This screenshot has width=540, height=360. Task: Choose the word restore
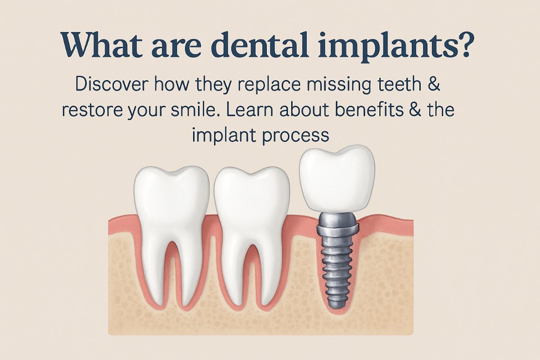92,110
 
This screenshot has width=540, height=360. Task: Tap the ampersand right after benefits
416,109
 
